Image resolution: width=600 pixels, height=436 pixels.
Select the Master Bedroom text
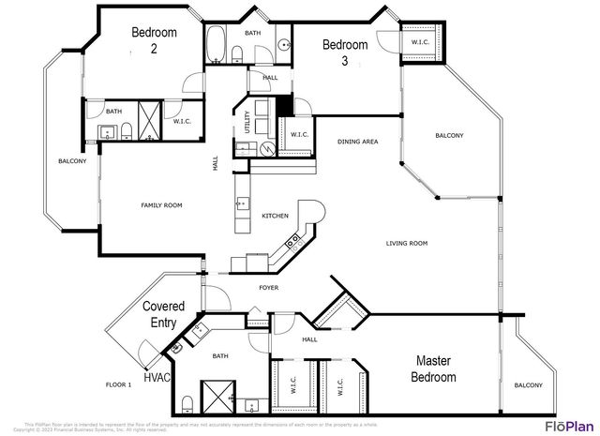point(435,368)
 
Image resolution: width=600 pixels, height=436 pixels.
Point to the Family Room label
point(161,205)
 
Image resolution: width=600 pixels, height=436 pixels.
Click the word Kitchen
point(275,216)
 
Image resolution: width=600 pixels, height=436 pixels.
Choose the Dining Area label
point(357,142)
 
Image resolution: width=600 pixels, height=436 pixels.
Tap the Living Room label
point(406,243)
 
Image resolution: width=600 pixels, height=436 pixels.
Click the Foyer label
point(268,287)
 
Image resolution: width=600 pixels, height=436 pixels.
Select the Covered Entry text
point(163,314)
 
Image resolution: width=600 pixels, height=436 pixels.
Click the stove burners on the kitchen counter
point(292,240)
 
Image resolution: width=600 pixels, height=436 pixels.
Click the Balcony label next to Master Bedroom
point(528,385)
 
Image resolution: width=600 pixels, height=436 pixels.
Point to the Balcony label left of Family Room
point(72,161)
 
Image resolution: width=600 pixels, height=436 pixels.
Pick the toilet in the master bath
point(187,403)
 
